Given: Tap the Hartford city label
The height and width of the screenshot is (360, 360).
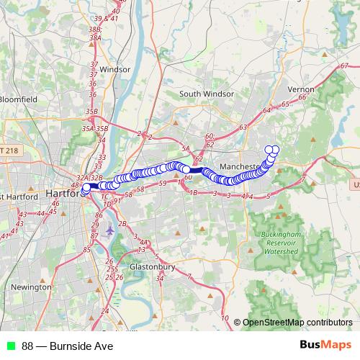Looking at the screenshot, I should point(64,194).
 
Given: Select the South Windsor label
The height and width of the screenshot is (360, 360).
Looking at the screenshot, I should point(207,94).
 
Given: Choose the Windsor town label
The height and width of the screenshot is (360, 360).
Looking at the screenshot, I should point(115,70).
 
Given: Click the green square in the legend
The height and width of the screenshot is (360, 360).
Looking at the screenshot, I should point(10,346).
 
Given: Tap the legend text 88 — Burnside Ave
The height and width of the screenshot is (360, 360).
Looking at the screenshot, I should point(67,346).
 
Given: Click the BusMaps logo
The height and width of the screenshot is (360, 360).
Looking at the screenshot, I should point(326,346).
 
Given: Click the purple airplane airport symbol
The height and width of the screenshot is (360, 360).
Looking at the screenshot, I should point(109,230).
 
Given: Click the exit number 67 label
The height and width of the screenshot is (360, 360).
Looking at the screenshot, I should point(343,67).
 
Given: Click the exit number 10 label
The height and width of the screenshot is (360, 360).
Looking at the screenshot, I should point(225,318).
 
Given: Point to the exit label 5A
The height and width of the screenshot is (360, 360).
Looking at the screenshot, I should point(185,148).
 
